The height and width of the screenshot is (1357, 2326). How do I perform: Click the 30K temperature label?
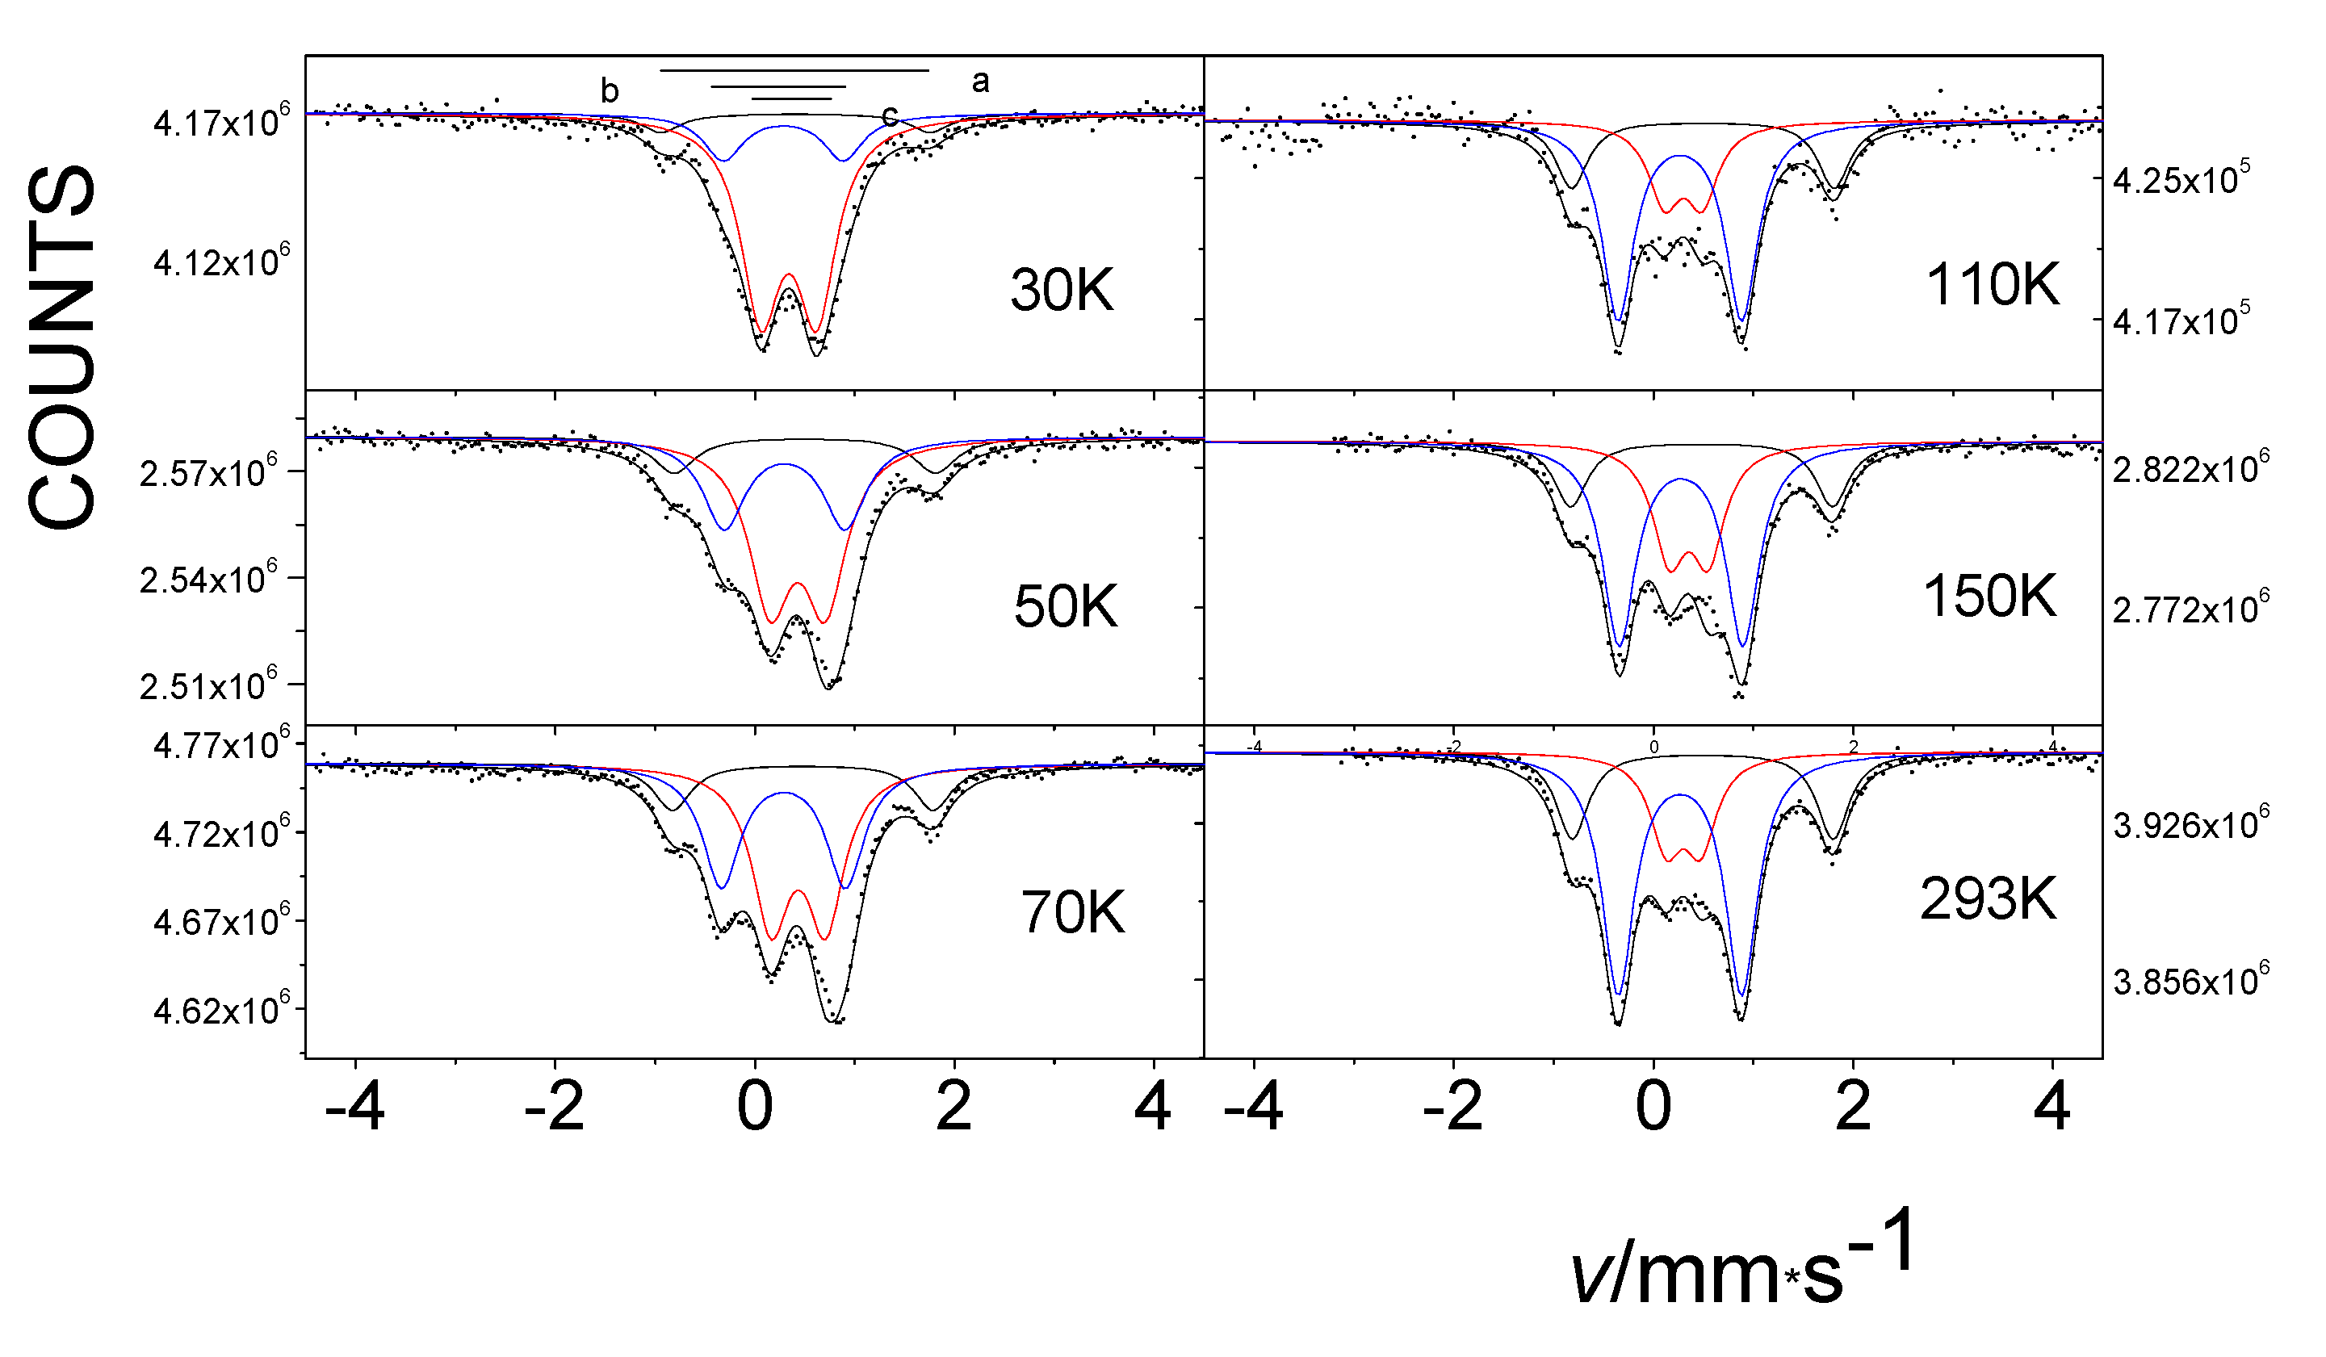[x=1062, y=290]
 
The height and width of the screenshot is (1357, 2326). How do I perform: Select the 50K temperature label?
[x=1066, y=606]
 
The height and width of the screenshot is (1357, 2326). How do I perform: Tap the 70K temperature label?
[x=1072, y=913]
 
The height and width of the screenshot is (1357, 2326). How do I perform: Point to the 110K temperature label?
[x=1992, y=284]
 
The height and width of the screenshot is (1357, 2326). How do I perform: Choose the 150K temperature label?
[x=1989, y=597]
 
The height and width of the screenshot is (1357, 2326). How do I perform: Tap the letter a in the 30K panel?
[x=980, y=82]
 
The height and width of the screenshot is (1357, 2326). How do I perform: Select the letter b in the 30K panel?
[x=610, y=90]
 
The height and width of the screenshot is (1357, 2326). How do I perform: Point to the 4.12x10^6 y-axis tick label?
[x=220, y=262]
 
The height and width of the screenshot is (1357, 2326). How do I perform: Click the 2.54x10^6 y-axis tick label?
[x=207, y=579]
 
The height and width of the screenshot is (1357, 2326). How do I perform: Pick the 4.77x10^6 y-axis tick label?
[x=220, y=744]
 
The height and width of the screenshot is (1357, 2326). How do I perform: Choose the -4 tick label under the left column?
[x=354, y=1107]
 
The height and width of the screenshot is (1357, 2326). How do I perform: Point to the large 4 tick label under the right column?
[x=2051, y=1107]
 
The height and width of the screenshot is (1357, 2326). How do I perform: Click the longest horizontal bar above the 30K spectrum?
[x=794, y=70]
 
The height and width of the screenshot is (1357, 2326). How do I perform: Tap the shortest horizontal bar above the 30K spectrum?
[x=792, y=98]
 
